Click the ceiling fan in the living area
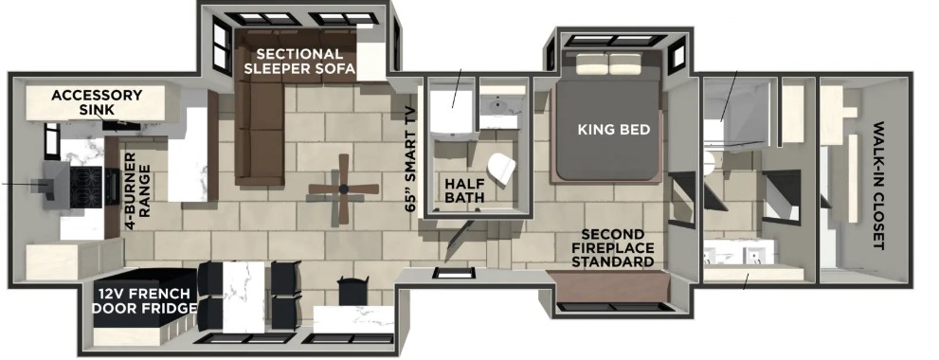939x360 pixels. pyautogui.click(x=344, y=189)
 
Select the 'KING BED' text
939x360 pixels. pyautogui.click(x=614, y=130)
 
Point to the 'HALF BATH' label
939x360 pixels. pyautogui.click(x=464, y=189)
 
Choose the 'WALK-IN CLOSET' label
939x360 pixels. pyautogui.click(x=879, y=186)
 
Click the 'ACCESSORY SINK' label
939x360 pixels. pyautogui.click(x=97, y=102)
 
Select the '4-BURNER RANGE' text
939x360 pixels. pyautogui.click(x=137, y=191)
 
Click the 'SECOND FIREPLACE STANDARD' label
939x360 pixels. pyautogui.click(x=613, y=248)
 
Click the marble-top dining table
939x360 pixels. pyautogui.click(x=244, y=297)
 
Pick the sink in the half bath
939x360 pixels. pyautogui.click(x=498, y=110)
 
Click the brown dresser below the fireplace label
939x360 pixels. pyautogui.click(x=607, y=286)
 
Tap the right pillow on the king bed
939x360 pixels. pyautogui.click(x=625, y=63)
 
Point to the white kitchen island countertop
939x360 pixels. pyautogui.click(x=188, y=153)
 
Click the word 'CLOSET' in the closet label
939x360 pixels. pyautogui.click(x=879, y=221)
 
